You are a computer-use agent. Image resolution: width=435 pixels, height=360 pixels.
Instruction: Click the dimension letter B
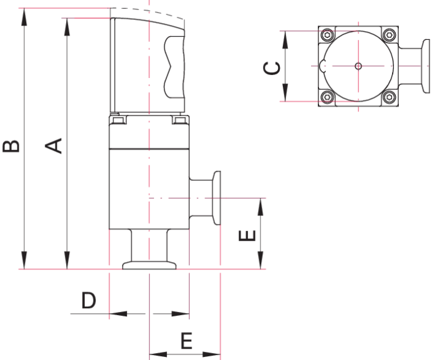(12, 146)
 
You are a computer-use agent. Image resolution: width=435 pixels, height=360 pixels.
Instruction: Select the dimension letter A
(56, 145)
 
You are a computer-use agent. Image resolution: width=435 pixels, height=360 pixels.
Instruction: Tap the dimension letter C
(272, 67)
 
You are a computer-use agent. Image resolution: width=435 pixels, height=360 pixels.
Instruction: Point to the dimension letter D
(89, 301)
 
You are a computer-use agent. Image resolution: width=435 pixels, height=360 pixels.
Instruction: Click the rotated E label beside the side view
(248, 236)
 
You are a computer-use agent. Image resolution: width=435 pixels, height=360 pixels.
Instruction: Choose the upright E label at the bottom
(186, 341)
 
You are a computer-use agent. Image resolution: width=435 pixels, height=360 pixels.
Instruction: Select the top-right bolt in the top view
(389, 35)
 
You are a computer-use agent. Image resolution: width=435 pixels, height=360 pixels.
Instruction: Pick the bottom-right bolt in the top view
(389, 97)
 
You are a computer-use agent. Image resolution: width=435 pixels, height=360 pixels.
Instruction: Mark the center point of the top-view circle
(358, 66)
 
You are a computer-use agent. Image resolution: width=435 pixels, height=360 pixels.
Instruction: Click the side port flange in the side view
(216, 198)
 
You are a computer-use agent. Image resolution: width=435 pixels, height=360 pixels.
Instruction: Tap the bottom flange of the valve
(149, 266)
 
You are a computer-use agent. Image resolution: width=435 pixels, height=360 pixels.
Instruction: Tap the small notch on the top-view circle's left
(321, 66)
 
